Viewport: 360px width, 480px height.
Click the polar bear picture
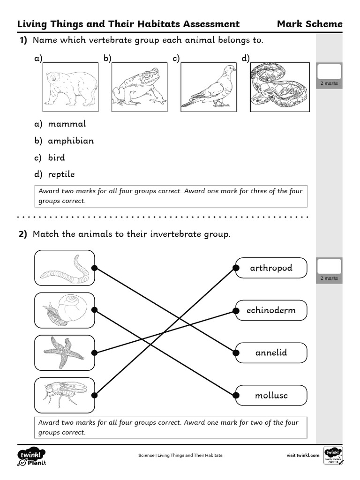click(x=71, y=88)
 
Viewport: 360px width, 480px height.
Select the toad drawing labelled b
click(x=140, y=88)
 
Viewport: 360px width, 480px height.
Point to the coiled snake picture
click(x=279, y=88)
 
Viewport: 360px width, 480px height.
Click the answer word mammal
click(x=67, y=124)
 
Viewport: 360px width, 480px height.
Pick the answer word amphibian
click(x=71, y=141)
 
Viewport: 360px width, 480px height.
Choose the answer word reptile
click(x=61, y=174)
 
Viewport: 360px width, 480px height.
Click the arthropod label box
click(x=271, y=268)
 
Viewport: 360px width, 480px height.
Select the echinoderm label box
click(x=271, y=310)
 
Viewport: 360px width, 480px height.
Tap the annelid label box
click(x=271, y=352)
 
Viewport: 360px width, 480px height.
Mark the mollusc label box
click(x=271, y=395)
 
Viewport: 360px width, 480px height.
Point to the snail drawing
click(x=65, y=310)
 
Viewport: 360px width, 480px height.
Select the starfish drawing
click(x=65, y=352)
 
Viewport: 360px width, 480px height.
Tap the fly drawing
click(x=65, y=395)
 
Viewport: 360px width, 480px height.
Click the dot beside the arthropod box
click(x=235, y=268)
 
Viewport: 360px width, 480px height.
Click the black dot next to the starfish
click(x=94, y=352)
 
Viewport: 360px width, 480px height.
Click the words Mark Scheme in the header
click(x=309, y=24)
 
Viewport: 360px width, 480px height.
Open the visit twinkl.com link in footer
click(x=303, y=455)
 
